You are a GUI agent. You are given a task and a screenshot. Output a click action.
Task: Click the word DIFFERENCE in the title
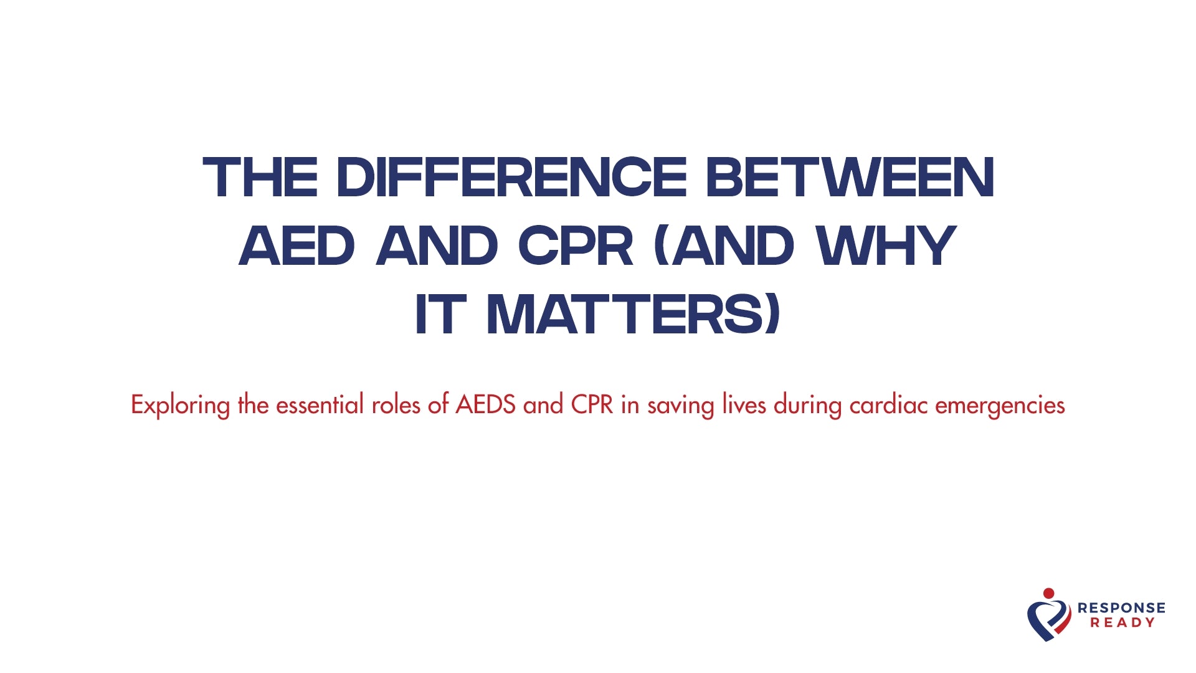(x=511, y=178)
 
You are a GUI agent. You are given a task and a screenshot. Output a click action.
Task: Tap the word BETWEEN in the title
(x=850, y=178)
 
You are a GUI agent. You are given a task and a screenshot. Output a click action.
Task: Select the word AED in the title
(x=297, y=246)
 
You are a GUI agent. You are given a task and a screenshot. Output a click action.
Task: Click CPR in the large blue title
(x=576, y=246)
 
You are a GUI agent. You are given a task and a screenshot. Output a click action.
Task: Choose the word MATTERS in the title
(x=633, y=315)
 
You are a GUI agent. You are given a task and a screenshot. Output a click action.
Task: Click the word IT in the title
(x=440, y=315)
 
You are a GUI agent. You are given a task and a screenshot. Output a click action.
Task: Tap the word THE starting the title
(x=260, y=178)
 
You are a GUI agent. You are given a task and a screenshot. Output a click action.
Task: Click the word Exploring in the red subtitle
(x=180, y=406)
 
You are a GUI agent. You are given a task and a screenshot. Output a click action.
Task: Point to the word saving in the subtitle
(x=681, y=406)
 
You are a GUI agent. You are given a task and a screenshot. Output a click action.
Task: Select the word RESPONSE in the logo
(x=1121, y=608)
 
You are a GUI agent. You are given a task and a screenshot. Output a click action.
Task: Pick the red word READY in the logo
(x=1122, y=623)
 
